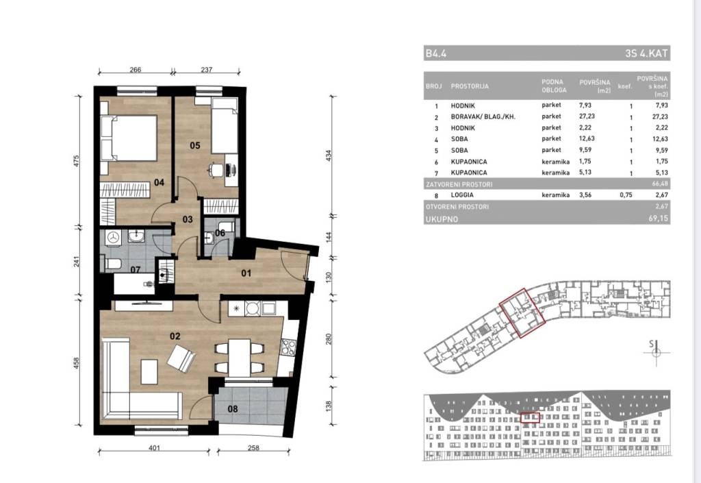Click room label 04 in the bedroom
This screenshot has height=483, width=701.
coord(159,182)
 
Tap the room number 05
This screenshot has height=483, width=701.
coord(195,145)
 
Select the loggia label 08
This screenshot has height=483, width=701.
coord(233,409)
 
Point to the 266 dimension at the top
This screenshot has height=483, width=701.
coord(135,70)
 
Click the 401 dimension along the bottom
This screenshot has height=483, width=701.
coord(154,447)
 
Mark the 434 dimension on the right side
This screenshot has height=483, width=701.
coord(329,156)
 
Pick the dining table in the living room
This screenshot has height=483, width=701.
coord(239,358)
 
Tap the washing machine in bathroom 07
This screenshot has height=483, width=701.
coord(114,238)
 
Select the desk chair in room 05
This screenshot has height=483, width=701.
coord(216,170)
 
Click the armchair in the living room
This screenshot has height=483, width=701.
coord(181,358)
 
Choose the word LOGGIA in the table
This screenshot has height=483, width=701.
coord(462,195)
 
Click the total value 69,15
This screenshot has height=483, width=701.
coord(659,219)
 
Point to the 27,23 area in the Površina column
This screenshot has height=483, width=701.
coord(587,116)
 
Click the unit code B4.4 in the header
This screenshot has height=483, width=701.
coord(436,53)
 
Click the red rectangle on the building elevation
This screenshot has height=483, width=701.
coord(531,418)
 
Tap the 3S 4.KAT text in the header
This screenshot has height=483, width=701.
coord(647,53)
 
